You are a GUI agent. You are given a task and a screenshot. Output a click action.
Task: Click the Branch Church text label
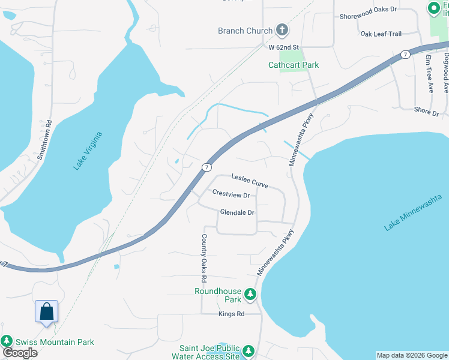(245, 31)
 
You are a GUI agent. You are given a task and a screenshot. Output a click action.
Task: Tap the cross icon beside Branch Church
(282, 30)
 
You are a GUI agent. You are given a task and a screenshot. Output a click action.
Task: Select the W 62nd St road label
(283, 46)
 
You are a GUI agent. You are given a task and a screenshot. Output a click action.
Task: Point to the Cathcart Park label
(294, 65)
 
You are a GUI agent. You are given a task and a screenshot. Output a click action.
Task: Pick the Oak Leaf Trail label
(381, 34)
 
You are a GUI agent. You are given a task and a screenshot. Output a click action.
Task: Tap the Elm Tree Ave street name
(429, 74)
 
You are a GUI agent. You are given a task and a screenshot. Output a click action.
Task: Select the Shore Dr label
(427, 111)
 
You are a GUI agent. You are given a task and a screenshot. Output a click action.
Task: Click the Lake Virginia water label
(88, 151)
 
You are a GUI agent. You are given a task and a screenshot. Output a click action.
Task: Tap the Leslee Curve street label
(250, 181)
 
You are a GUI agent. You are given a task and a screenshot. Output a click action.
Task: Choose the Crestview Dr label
(231, 194)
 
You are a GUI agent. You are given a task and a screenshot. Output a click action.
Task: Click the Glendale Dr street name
(238, 212)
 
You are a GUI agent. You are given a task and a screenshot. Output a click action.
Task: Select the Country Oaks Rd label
(203, 258)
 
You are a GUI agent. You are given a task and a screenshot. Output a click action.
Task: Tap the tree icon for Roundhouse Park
(250, 295)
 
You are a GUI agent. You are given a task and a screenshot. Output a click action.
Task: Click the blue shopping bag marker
(46, 311)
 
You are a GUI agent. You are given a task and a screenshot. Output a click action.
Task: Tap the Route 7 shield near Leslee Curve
(206, 166)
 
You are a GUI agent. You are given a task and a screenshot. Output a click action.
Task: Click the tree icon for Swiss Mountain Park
(7, 341)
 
